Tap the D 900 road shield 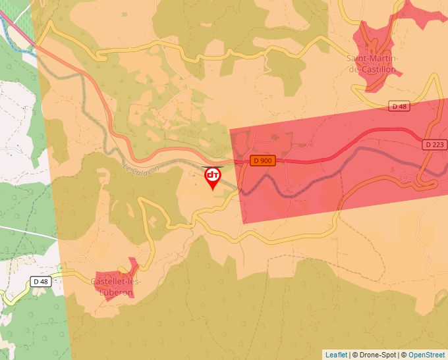point(262,161)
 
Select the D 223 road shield point(434,145)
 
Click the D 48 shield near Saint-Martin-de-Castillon point(399,106)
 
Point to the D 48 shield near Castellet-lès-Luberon point(41,282)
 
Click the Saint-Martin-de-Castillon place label point(372,64)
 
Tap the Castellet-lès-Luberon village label point(115,287)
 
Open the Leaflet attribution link point(336,355)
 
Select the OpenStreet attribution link point(426,355)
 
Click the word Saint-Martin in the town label point(372,59)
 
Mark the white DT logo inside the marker point(212,175)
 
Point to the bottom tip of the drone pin point(212,190)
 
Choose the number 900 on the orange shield point(266,161)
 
